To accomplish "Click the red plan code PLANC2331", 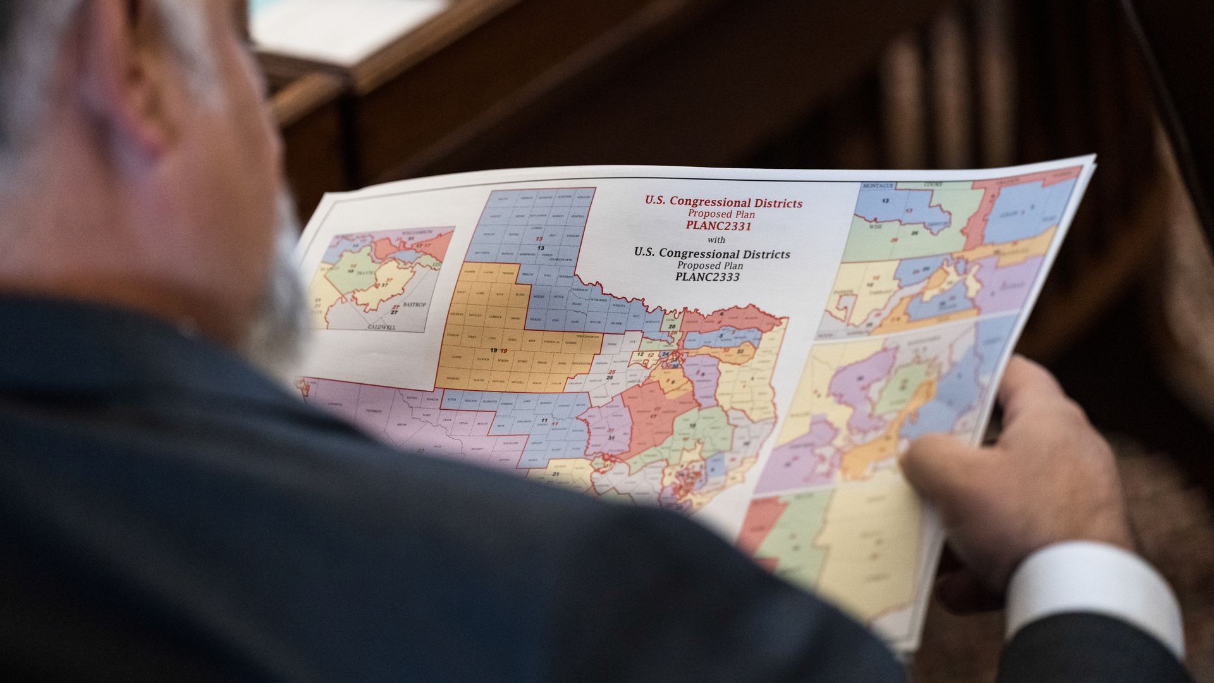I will coord(718,226).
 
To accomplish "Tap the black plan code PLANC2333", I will coord(707,276).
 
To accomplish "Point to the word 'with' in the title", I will coord(716,240).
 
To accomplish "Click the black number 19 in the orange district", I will coord(493,350).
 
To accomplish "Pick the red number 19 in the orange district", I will coord(504,350).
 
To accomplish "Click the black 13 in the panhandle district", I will coord(541,248).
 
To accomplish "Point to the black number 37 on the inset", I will coord(383,285).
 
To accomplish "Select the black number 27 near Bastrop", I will coord(395,312).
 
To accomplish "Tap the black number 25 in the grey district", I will coord(610,378).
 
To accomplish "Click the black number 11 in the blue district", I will coord(543,420).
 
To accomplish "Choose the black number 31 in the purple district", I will coord(611,438).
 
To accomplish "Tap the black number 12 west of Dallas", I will coord(640,355).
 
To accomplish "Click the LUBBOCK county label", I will coord(496,316).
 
